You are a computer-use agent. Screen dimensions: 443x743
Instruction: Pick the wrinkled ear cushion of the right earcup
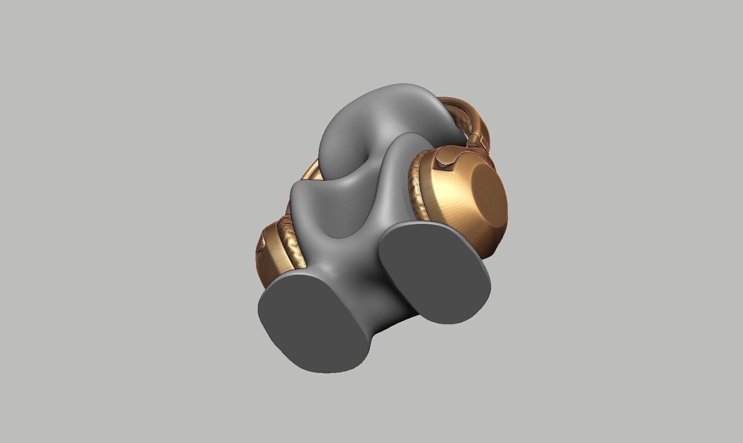pos(417,191)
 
